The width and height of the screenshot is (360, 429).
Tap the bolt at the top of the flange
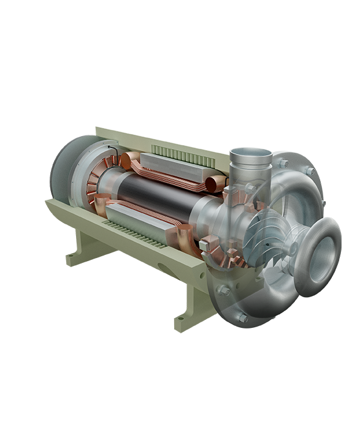pyautogui.click(x=283, y=163)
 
